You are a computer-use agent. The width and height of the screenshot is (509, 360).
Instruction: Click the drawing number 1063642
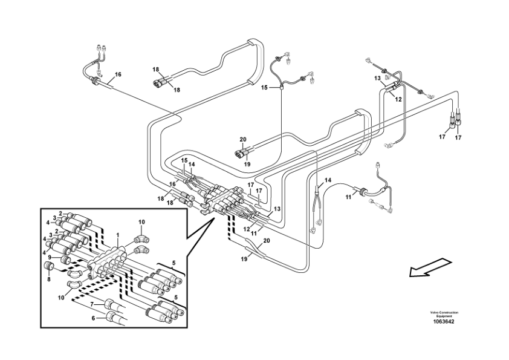click(444, 321)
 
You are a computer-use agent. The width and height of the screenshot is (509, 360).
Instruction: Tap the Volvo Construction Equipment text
click(444, 314)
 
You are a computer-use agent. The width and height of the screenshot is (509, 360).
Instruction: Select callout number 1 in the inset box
click(118, 234)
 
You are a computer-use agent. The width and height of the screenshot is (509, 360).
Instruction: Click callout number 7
click(92, 304)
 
